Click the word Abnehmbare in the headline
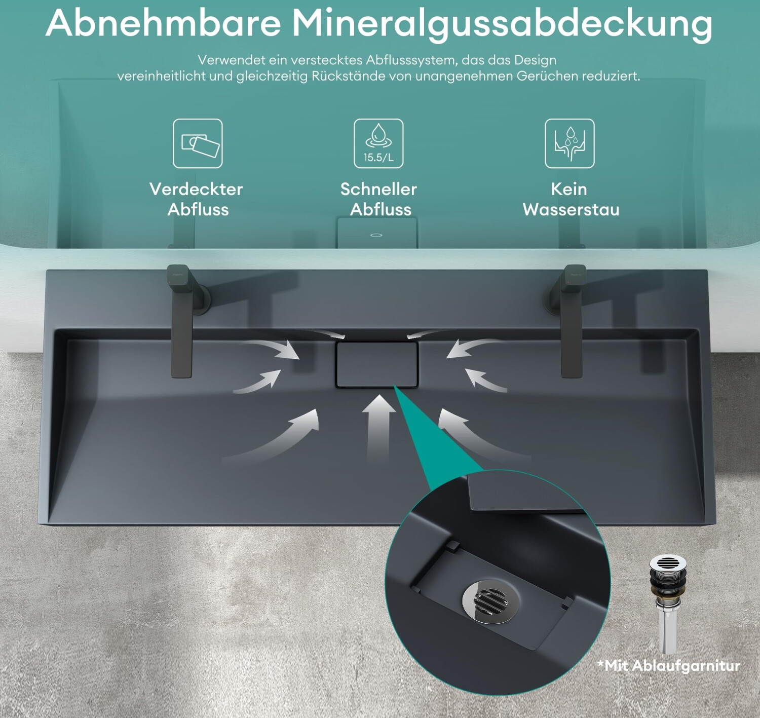[163, 24]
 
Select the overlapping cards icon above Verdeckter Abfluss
[198, 143]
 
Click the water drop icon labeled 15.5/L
[378, 143]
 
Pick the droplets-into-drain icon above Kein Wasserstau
[569, 143]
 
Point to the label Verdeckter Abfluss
[197, 200]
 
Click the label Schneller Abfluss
[379, 200]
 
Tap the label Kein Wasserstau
[570, 200]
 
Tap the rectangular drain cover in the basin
[377, 364]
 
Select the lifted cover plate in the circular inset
[524, 493]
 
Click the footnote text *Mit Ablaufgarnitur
[668, 666]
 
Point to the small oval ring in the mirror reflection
[376, 235]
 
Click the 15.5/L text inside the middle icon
[378, 158]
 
